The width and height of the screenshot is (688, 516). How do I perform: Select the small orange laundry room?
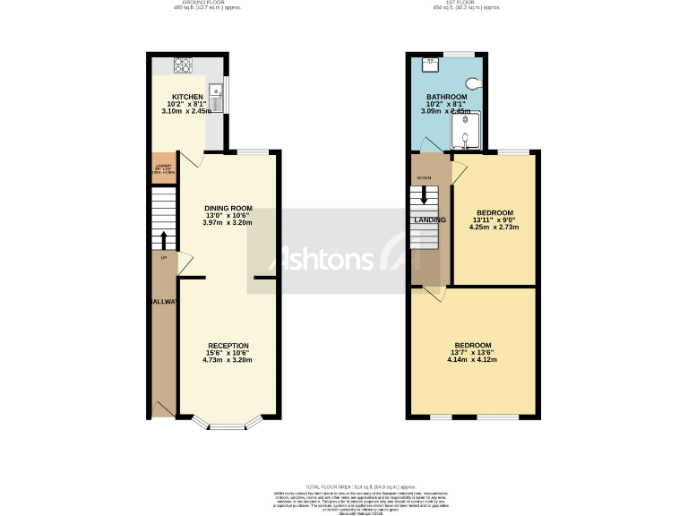[x=164, y=168]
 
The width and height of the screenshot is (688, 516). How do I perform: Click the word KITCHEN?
[x=188, y=97]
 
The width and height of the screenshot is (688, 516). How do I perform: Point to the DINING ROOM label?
[x=229, y=208]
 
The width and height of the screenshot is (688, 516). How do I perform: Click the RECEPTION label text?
[x=228, y=346]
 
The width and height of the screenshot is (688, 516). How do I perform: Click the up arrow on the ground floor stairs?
[x=163, y=238]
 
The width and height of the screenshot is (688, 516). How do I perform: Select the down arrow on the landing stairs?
[x=424, y=193]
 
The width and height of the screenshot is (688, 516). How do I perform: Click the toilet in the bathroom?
[x=471, y=82]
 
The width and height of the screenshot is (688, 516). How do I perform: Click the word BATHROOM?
[x=446, y=97]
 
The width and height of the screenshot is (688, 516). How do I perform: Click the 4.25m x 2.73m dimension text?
[x=494, y=228]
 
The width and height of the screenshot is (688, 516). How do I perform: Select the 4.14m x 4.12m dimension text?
[x=472, y=359]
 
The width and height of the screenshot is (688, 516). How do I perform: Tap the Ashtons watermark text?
[x=329, y=260]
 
